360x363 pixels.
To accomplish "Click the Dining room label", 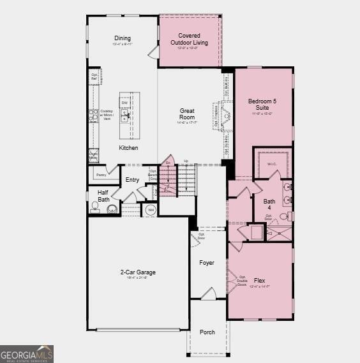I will pos(122,38).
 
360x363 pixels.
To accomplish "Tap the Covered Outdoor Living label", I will pos(189,39).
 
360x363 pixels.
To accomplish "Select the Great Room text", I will pos(186,114).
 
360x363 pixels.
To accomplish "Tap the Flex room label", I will pos(260,279).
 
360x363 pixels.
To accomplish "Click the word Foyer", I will pos(207,263).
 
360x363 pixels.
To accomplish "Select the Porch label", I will pos(207,332).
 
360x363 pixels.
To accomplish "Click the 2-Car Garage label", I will pos(138,272).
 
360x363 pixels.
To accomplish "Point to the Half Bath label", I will pos(103,196).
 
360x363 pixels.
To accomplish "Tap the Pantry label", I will pos(100,174).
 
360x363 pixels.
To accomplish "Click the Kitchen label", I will pos(128,148).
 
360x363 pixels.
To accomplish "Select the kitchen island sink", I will pos(126,115).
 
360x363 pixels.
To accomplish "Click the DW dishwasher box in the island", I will pos(125,103).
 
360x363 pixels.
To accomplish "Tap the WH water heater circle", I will pos(151,209).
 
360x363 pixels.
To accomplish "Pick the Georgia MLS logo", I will pos(27,354).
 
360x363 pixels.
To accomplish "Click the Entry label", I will pos(132,180).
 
